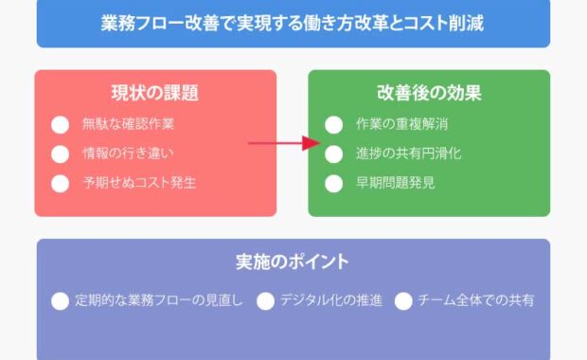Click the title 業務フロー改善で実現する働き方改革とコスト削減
[x=293, y=24]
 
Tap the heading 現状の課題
[x=154, y=93]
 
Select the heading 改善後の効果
[x=429, y=93]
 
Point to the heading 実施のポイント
[x=293, y=261]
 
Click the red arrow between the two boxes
[x=285, y=143]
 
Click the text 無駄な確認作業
[x=128, y=123]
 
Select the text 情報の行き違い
[x=128, y=153]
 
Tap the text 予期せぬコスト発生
[x=139, y=182]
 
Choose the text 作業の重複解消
[x=401, y=123]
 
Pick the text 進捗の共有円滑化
[x=409, y=153]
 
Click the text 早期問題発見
[x=396, y=182]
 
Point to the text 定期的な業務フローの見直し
[x=160, y=300]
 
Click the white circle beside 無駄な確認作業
[x=61, y=124]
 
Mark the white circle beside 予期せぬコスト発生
[x=61, y=183]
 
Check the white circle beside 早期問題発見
[x=333, y=183]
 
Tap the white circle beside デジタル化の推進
[x=265, y=301]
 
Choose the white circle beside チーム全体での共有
[x=403, y=301]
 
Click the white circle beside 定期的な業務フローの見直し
[x=61, y=301]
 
